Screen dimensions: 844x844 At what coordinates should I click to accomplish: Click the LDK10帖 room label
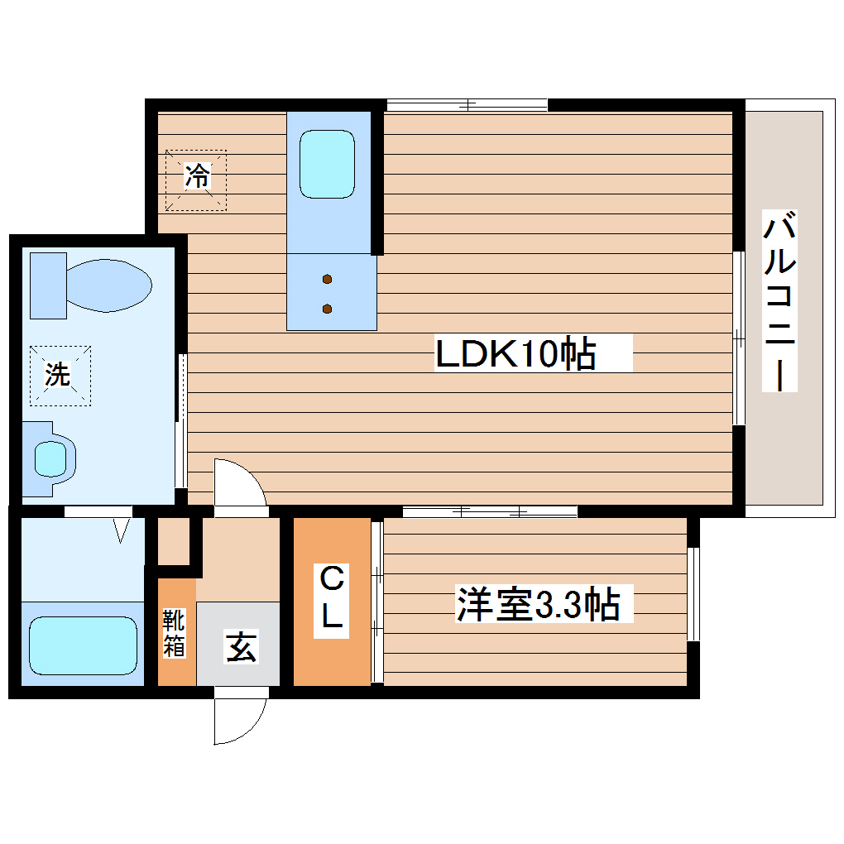[x=516, y=354]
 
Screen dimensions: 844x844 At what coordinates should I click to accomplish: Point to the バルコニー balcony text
[x=779, y=302]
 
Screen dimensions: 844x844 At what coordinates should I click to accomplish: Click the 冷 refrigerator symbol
[x=196, y=176]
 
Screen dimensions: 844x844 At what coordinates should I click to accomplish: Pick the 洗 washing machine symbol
[x=57, y=375]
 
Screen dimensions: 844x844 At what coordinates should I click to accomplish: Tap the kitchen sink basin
[x=327, y=163]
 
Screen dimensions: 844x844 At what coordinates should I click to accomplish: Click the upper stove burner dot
[x=328, y=278]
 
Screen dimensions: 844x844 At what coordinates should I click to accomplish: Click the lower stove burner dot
[x=328, y=309]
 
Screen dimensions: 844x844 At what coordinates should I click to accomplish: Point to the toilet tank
[x=47, y=285]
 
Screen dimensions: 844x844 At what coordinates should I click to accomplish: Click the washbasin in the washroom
[x=50, y=458]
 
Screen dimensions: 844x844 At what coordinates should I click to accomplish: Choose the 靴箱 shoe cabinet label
[x=174, y=633]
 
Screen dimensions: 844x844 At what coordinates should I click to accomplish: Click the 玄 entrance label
[x=241, y=646]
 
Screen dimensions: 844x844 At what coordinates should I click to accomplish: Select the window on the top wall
[x=468, y=105]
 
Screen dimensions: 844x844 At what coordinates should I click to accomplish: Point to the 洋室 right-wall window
[x=693, y=593]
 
